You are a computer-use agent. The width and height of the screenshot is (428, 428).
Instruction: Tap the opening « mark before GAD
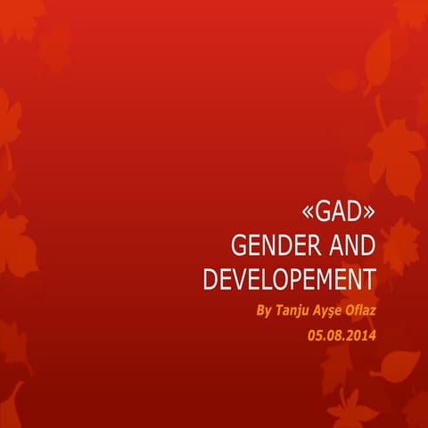(x=309, y=214)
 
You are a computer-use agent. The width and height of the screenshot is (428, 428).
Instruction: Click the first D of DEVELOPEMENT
(x=210, y=278)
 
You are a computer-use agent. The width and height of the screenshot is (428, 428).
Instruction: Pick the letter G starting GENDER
(x=237, y=246)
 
